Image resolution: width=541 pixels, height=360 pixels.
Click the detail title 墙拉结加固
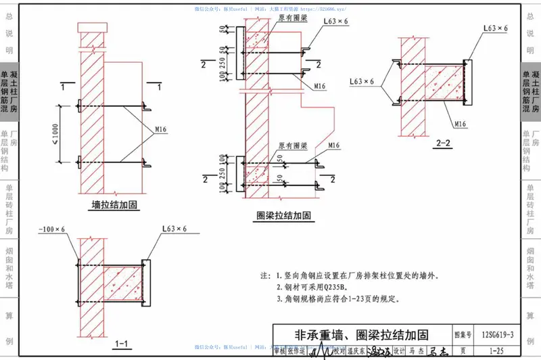point(116,205)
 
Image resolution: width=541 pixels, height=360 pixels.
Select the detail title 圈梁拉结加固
point(283,215)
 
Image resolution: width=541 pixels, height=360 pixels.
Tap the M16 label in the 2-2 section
point(461,124)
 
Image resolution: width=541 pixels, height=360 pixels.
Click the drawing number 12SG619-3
point(498,335)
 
